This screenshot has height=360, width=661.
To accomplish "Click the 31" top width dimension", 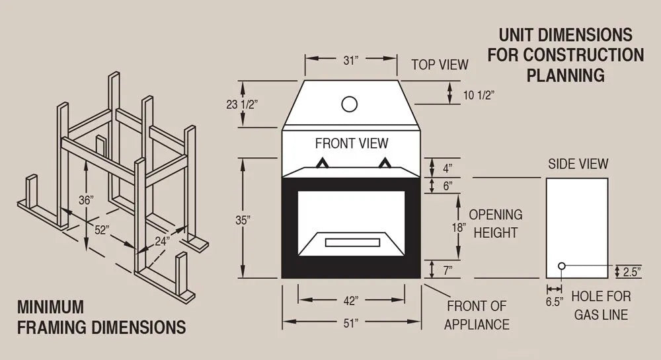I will pyautogui.click(x=351, y=60).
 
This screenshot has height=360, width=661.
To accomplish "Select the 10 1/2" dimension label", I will pyautogui.click(x=479, y=95).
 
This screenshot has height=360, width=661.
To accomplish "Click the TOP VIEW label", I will pyautogui.click(x=440, y=65).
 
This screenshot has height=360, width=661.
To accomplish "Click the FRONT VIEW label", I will pyautogui.click(x=352, y=143).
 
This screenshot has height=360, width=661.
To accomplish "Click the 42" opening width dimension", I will pyautogui.click(x=351, y=301).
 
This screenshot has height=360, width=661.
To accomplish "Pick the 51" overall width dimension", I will pyautogui.click(x=351, y=323).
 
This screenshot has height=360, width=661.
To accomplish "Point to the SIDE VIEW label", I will pyautogui.click(x=578, y=164).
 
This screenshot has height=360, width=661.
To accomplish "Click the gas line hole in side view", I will pyautogui.click(x=561, y=266).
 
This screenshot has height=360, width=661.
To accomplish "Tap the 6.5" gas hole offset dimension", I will pyautogui.click(x=554, y=303).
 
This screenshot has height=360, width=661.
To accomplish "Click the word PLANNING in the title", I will pyautogui.click(x=565, y=75).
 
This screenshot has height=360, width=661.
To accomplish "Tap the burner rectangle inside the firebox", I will pyautogui.click(x=352, y=242).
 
